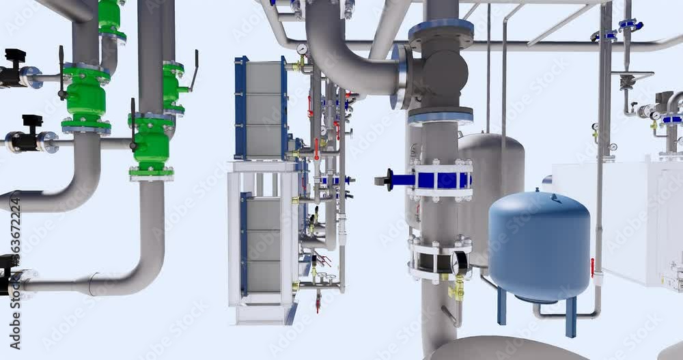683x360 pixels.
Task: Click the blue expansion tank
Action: pos(539,246)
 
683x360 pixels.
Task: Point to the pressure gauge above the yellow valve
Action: pos(460,264)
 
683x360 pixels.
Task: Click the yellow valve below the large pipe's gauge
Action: pos(456,289)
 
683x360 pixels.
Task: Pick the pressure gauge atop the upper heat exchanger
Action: pos(301,50)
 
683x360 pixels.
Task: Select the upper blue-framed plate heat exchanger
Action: pos(262,109)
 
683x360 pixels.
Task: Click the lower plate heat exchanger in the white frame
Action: pos(262,243)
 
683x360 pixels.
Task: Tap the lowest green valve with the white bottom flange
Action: pos(152,147)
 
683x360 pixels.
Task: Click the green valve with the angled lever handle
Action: pos(173,89)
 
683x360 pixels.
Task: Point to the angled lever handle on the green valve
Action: pos(194,70)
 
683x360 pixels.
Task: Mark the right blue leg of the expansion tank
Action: pos(570,316)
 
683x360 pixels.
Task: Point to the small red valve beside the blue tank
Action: pos(592,267)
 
